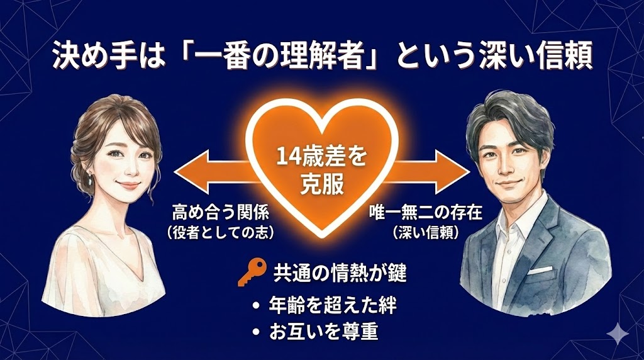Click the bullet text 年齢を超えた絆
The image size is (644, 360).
332,305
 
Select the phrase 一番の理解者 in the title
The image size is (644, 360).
276,57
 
